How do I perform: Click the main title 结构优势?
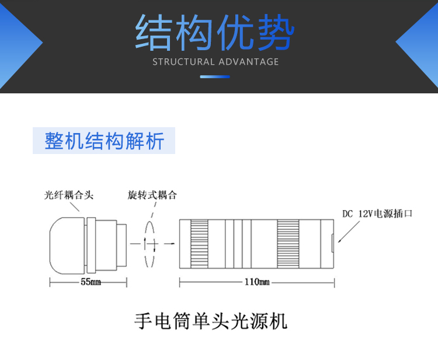(215, 32)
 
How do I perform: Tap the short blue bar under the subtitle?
(215, 76)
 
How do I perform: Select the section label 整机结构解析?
(104, 141)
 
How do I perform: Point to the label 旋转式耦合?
(152, 195)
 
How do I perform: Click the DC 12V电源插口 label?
(377, 214)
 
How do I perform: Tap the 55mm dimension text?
(88, 282)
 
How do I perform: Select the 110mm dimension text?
(257, 282)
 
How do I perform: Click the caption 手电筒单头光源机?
(211, 321)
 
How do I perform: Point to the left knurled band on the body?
(199, 243)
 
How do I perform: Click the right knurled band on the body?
(288, 243)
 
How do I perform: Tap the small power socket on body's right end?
(333, 243)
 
